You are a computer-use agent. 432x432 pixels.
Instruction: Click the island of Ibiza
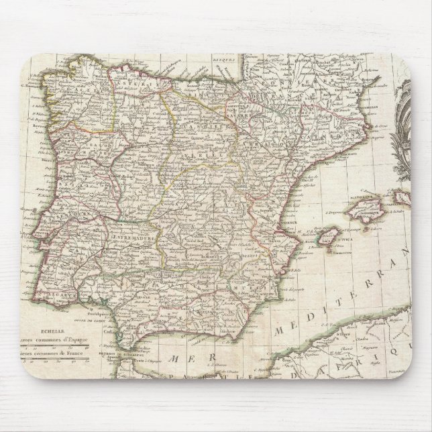[327, 235]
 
